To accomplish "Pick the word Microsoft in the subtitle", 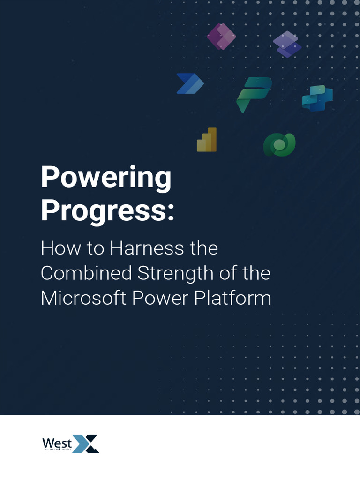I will coord(83,298).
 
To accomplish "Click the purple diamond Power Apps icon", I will coord(221,37).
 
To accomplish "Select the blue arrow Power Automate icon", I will coord(190,83).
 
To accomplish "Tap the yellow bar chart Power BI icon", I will coord(207,139).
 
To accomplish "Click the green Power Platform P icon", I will coord(254,94).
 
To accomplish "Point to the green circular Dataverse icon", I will coord(279,145).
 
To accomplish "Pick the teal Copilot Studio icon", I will coord(317,98).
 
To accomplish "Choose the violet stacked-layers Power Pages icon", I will coord(287,44).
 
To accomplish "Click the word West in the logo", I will coord(57,442).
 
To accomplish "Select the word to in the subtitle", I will coord(95,248).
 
